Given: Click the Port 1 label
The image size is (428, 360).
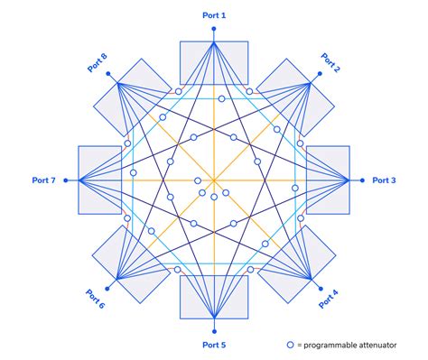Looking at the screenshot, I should click(214, 15).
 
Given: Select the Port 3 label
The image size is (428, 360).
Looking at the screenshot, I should click(384, 180).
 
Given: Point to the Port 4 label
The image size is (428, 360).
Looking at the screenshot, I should click(330, 294).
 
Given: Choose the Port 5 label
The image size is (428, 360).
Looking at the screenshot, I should click(214, 346).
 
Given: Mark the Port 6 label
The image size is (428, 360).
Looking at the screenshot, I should click(96, 295).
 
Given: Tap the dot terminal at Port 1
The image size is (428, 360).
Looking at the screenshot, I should click(214, 29).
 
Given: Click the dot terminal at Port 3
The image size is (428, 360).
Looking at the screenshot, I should click(363, 180).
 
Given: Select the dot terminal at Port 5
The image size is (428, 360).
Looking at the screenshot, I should click(214, 331).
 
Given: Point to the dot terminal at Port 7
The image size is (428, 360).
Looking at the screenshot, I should click(64, 180).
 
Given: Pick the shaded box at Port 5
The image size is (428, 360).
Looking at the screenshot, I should click(214, 298).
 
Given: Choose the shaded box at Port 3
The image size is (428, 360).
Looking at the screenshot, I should click(329, 180).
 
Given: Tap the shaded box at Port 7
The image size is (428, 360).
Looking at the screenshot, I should click(99, 180).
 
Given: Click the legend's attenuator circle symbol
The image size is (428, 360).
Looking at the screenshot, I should click(290, 345).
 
